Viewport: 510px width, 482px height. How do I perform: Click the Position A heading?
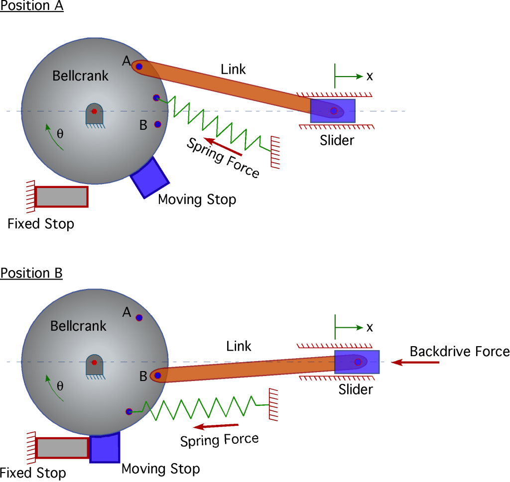[x=32, y=7]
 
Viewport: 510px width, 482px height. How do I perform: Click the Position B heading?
[x=31, y=273]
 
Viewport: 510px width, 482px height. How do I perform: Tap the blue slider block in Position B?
[x=357, y=362]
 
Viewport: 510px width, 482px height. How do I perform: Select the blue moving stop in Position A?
[x=149, y=178]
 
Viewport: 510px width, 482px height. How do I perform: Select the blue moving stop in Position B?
[x=105, y=447]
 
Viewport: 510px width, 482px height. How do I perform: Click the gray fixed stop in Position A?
[x=62, y=196]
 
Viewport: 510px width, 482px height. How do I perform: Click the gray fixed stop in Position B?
[x=62, y=448]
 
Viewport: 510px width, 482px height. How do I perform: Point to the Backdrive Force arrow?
[x=415, y=363]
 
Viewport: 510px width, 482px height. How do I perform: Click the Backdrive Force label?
[x=459, y=352]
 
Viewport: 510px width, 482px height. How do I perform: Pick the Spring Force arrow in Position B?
[x=216, y=426]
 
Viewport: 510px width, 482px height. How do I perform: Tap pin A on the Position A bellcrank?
[x=139, y=66]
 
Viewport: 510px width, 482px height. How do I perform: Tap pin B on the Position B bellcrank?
[x=158, y=376]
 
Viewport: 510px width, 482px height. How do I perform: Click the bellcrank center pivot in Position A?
[x=94, y=111]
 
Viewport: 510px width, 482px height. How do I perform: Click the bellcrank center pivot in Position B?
[x=94, y=362]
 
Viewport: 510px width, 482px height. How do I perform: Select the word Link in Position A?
[x=233, y=69]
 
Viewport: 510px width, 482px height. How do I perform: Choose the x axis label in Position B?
[x=370, y=327]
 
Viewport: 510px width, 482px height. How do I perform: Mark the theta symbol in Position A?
[x=60, y=134]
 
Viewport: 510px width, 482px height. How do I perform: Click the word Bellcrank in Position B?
[x=79, y=326]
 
